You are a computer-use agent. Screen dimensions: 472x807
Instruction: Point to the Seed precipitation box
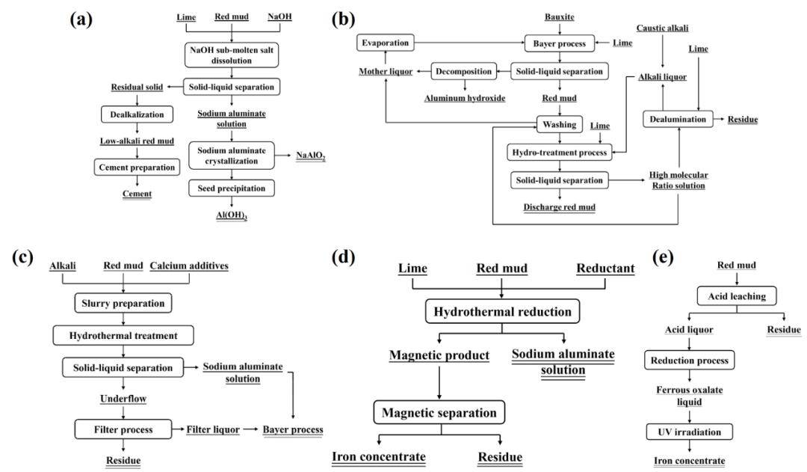pos(231,188)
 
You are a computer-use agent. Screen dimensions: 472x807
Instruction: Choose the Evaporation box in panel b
pos(386,43)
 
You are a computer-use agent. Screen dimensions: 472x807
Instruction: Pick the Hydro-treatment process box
pos(557,153)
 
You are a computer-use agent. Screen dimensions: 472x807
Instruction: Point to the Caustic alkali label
pos(662,28)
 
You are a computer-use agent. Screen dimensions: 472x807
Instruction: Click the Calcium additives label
pos(190,266)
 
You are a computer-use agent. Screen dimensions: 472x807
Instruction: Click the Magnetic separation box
pos(440,413)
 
